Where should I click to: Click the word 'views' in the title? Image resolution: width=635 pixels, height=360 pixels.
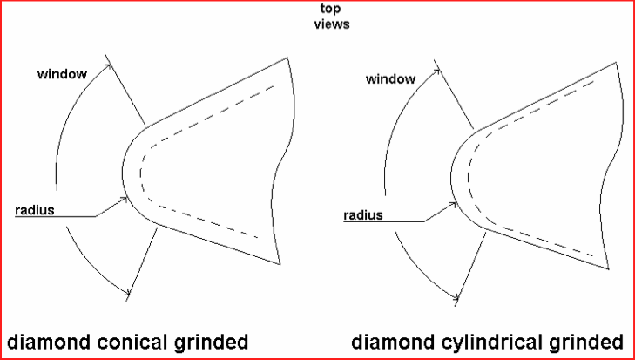coord(331,24)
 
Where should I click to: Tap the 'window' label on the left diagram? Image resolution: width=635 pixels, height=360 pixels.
coord(61,73)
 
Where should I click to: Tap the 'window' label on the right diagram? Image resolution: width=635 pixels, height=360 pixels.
coord(390,79)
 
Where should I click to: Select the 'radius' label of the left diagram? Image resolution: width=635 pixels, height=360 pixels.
coord(34,210)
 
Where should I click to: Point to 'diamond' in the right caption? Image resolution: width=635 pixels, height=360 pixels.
coord(393,340)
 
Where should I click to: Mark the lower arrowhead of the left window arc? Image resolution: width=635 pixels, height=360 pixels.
coord(130,290)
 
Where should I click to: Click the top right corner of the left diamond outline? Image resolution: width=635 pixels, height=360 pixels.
coord(287,58)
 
